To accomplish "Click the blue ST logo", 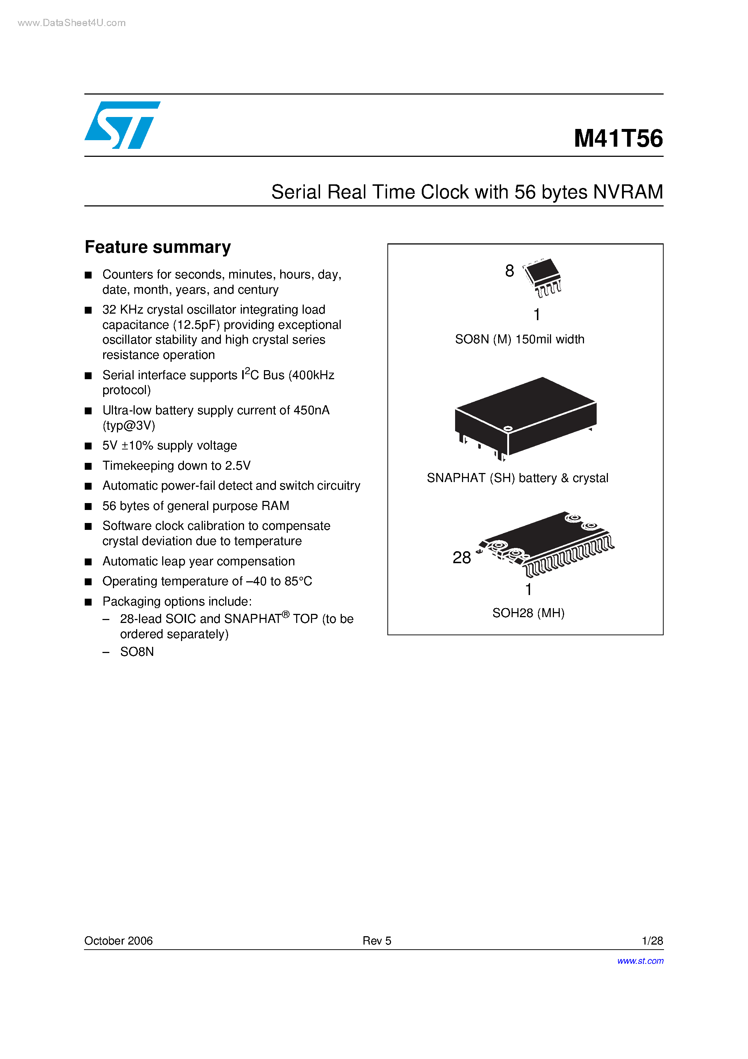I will click(x=122, y=125).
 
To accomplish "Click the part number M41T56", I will click(x=618, y=138).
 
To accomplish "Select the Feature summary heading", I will click(x=158, y=247).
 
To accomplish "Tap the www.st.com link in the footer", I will click(x=640, y=961).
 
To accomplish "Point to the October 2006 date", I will click(x=118, y=941).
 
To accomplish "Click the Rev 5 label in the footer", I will click(x=377, y=941).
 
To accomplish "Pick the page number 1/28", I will click(x=652, y=941).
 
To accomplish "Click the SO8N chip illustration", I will click(x=543, y=277).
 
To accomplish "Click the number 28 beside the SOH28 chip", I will click(x=462, y=558).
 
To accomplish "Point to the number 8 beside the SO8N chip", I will click(x=509, y=271).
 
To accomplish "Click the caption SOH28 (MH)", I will click(x=529, y=613).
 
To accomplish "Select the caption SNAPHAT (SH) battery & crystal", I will click(x=517, y=478).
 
